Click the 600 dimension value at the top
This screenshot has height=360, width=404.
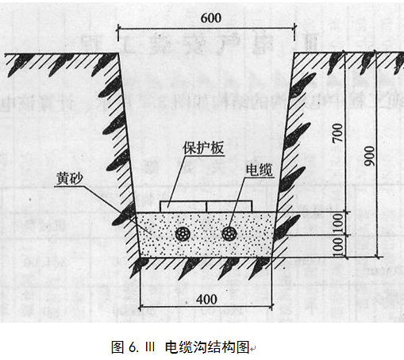pyautogui.click(x=211, y=18)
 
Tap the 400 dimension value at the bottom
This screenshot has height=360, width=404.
pyautogui.click(x=206, y=300)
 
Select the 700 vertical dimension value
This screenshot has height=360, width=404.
pyautogui.click(x=337, y=133)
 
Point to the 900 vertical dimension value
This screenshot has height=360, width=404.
pyautogui.click(x=370, y=156)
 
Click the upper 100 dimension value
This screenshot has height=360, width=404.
pyautogui.click(x=338, y=224)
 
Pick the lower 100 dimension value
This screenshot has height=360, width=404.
pyautogui.click(x=338, y=247)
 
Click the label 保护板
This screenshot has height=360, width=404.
pyautogui.click(x=203, y=147)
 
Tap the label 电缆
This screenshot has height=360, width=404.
pyautogui.click(x=260, y=170)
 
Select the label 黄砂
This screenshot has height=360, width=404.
pyautogui.click(x=70, y=178)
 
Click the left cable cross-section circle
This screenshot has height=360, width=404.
pyautogui.click(x=183, y=234)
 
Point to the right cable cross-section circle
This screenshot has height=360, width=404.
pyautogui.click(x=229, y=234)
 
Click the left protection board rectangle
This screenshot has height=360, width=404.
pyautogui.click(x=183, y=206)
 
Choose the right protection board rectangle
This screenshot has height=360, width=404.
pyautogui.click(x=229, y=206)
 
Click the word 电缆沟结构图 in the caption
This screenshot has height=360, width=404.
pyautogui.click(x=207, y=347)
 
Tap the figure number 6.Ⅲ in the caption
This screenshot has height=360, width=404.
pyautogui.click(x=142, y=347)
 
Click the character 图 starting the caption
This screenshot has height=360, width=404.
pyautogui.click(x=117, y=347)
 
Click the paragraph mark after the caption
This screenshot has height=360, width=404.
pyautogui.click(x=252, y=349)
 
